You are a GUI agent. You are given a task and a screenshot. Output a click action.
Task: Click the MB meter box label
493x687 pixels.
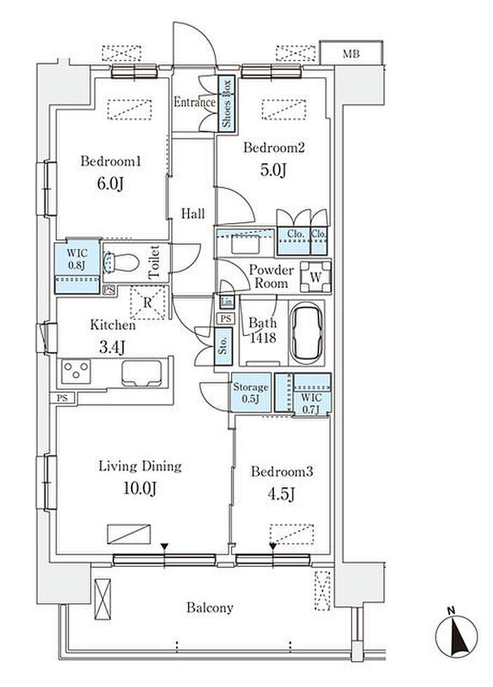click(x=351, y=54)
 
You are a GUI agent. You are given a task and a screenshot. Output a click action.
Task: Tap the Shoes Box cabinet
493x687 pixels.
click(x=227, y=103)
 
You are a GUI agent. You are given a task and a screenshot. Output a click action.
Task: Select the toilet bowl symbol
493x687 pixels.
click(x=121, y=263)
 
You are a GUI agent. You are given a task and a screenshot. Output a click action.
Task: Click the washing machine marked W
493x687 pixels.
click(x=316, y=277)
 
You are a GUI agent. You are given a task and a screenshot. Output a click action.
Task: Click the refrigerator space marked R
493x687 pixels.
click(x=148, y=302)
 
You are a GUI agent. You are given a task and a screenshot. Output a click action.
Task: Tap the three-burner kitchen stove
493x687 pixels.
click(x=76, y=372)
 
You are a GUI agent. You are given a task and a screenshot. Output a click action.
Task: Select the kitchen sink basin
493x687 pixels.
click(x=142, y=373)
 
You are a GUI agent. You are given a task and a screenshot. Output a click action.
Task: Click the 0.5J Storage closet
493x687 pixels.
click(x=251, y=392)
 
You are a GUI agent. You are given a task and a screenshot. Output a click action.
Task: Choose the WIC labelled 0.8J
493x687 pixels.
click(x=77, y=267)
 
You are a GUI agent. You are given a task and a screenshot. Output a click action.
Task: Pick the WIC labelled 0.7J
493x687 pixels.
click(x=303, y=393)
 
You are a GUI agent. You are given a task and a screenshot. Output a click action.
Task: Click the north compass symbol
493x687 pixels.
click(x=456, y=636)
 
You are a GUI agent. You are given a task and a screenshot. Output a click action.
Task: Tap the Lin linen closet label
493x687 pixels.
click(x=227, y=302)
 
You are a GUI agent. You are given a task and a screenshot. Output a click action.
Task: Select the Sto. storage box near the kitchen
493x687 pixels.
click(x=223, y=346)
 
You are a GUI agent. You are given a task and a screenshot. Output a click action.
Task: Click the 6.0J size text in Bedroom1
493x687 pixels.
click(x=110, y=184)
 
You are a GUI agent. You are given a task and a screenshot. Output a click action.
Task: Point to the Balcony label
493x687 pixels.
click(x=209, y=607)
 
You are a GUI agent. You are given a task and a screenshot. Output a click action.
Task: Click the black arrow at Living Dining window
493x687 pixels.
click(x=164, y=546)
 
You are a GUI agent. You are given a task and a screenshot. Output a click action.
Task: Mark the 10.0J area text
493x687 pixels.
click(x=139, y=488)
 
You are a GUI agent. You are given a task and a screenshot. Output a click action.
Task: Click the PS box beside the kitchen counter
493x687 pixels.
click(x=62, y=398)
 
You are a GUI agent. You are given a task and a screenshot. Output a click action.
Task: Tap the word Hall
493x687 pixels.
click(x=193, y=213)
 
